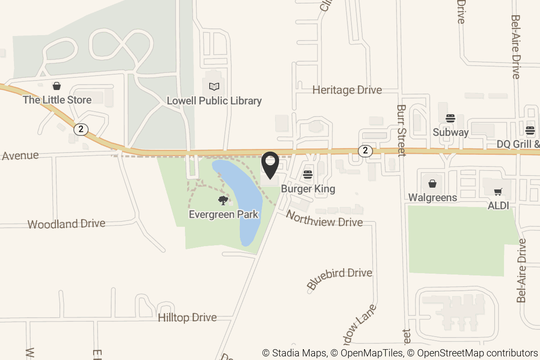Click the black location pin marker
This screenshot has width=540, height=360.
tap(270, 165)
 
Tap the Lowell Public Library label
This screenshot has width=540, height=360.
tap(214, 101)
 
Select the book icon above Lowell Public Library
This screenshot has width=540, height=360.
tap(215, 86)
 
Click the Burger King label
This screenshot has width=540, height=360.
tap(308, 189)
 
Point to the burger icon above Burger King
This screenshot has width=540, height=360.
tap(308, 174)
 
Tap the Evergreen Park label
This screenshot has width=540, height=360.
tap(224, 214)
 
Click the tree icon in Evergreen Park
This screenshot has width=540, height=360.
tap(223, 200)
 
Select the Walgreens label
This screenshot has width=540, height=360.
tap(432, 198)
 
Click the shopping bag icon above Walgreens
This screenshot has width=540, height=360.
tap(432, 184)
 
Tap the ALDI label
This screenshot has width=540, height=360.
tap(498, 206)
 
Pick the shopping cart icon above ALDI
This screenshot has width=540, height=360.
tap(498, 192)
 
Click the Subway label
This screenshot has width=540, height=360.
tap(450, 132)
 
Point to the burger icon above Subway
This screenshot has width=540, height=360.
tap(450, 118)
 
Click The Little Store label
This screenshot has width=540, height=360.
tap(57, 100)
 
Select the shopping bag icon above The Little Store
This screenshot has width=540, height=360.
tap(57, 85)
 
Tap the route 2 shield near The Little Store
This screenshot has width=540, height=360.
tap(81, 129)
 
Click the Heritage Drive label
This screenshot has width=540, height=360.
tap(347, 90)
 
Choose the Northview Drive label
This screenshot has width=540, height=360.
tap(324, 219)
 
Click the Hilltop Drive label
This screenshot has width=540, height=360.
tap(187, 318)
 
